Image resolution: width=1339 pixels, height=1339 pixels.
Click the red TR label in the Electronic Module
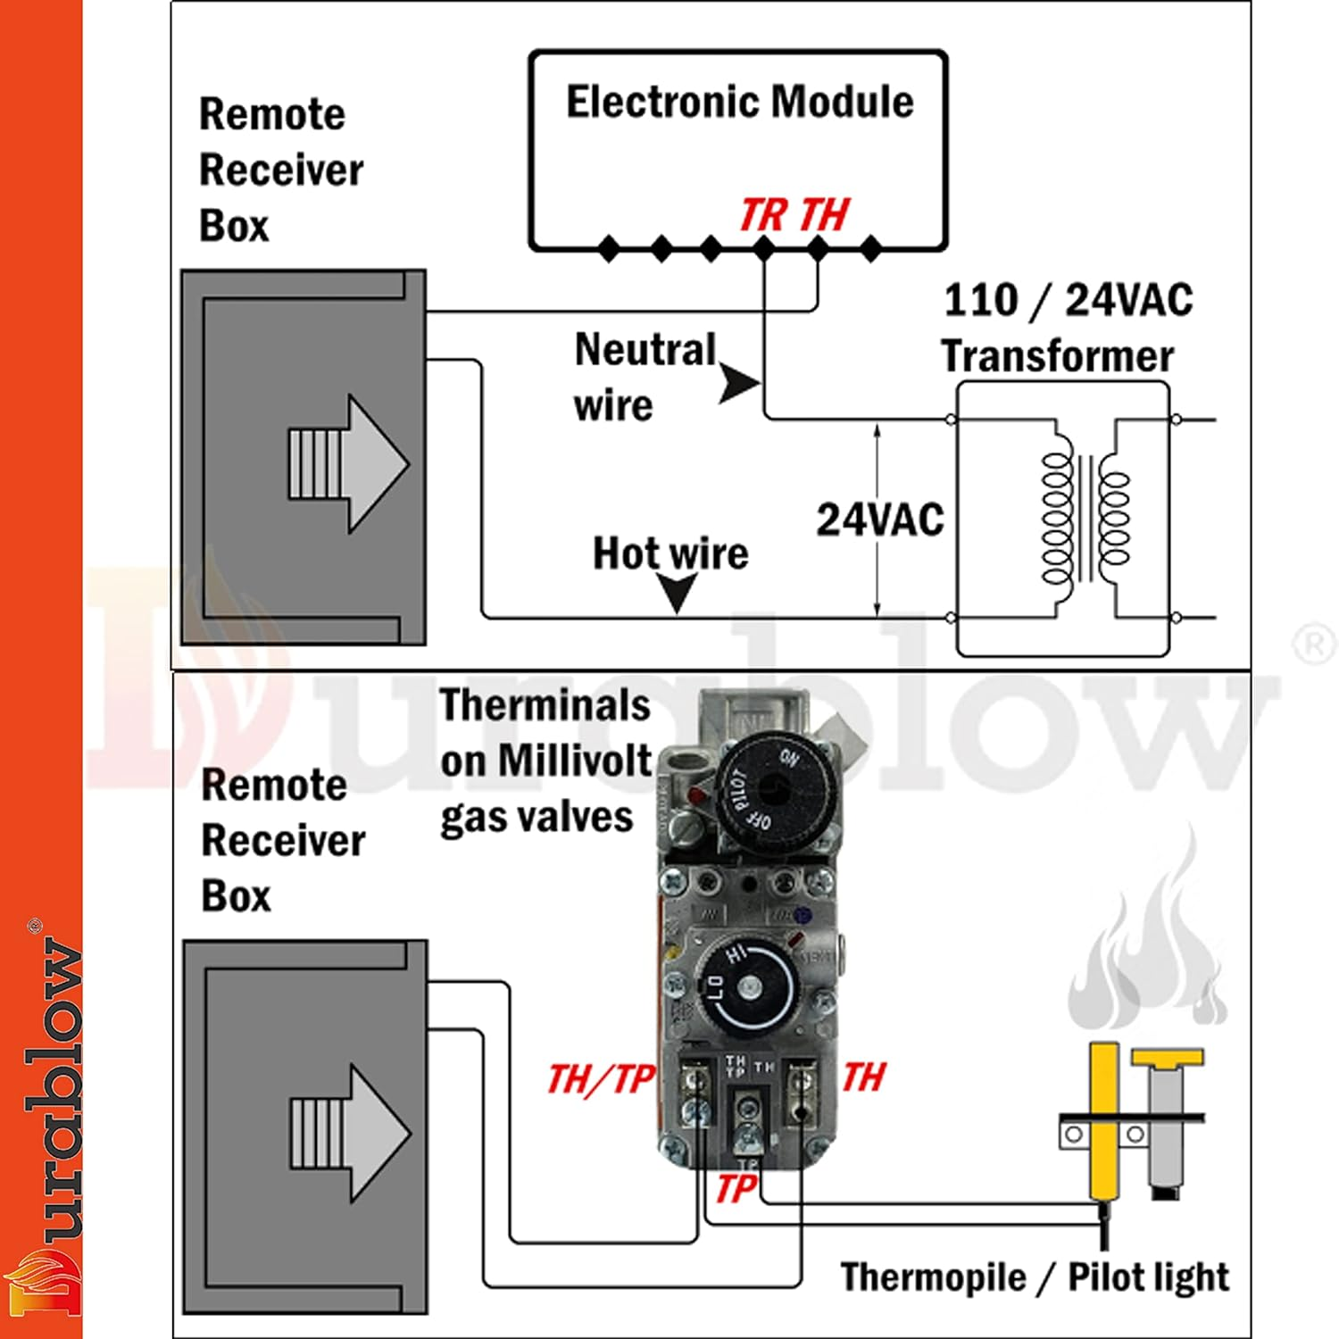(x=763, y=215)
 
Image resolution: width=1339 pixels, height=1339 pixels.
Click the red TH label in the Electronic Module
(x=824, y=215)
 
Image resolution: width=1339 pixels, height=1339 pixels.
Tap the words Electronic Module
(x=740, y=102)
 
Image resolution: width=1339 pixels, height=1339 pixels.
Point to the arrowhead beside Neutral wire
(x=739, y=384)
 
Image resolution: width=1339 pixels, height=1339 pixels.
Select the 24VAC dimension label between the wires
(x=879, y=520)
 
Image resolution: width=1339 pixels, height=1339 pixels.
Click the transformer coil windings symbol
(x=1085, y=518)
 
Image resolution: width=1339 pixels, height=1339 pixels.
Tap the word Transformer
(x=1057, y=356)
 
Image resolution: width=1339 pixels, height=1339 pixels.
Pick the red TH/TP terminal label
(x=601, y=1079)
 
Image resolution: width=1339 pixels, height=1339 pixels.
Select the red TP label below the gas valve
(x=736, y=1189)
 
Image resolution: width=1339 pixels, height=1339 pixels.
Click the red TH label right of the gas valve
(x=864, y=1077)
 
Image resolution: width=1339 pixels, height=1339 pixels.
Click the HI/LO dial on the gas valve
(x=748, y=987)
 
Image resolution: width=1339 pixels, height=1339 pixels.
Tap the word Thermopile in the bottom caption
(x=933, y=1277)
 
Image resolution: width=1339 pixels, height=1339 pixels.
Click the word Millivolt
(x=574, y=761)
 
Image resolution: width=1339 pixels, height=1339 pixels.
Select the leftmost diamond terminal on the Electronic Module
(x=609, y=248)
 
